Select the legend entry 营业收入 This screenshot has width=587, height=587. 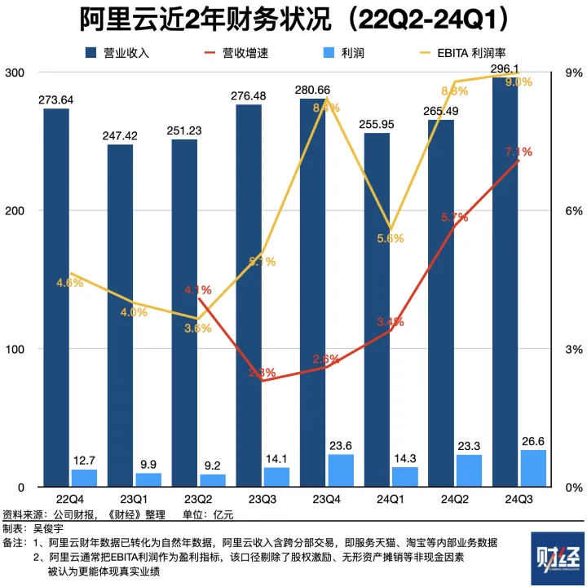coord(126,53)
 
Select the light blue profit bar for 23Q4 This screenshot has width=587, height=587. coord(341,470)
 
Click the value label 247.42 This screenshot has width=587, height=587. coord(120,135)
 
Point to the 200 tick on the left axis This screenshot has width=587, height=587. coord(14,210)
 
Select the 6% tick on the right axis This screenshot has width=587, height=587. coord(573,210)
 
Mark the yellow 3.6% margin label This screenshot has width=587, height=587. coord(197,328)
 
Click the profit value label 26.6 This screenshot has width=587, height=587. coord(532,440)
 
